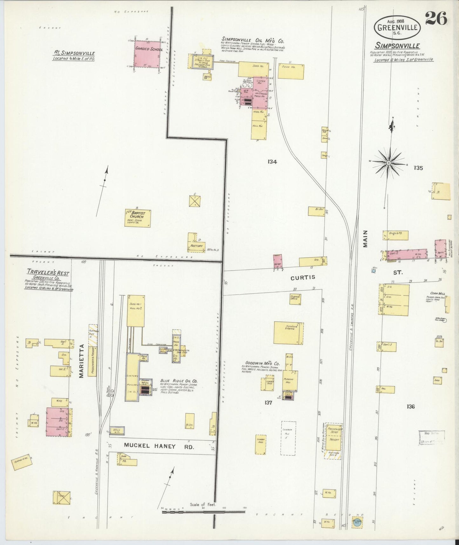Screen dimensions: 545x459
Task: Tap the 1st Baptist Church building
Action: [138, 218]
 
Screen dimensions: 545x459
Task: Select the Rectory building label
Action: [197, 246]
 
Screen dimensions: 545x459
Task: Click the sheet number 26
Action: [436, 18]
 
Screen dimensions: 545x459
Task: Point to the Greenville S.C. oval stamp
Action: [397, 27]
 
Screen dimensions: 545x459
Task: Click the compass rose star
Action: [388, 163]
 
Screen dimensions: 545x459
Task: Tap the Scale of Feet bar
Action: [203, 512]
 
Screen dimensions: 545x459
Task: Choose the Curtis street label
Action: [303, 277]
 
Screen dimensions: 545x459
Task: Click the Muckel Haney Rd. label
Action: [159, 446]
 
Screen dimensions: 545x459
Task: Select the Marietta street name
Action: [81, 361]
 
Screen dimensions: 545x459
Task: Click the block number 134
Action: [272, 162]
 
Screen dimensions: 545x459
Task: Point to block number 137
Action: [268, 403]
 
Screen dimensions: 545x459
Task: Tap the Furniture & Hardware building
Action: [288, 333]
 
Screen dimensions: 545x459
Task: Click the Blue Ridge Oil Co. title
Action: [179, 381]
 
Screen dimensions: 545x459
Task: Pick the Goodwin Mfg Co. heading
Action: [262, 363]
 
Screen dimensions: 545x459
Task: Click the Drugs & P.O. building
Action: [395, 235]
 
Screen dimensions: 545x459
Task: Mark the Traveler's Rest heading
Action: [48, 273]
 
